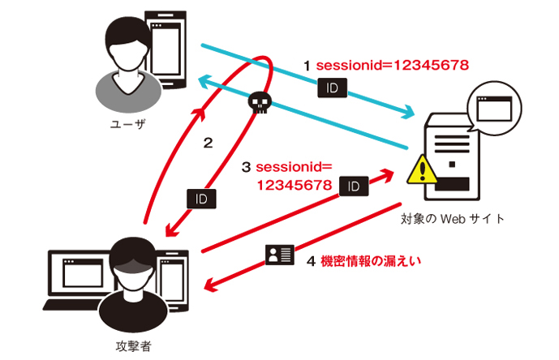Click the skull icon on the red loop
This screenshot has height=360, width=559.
point(258,101)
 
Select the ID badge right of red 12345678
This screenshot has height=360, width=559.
point(354,186)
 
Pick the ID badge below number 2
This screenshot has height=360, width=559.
point(201,196)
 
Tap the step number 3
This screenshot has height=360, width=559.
point(246,168)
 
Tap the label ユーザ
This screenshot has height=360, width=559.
point(127,124)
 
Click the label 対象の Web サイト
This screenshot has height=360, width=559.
point(453,218)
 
